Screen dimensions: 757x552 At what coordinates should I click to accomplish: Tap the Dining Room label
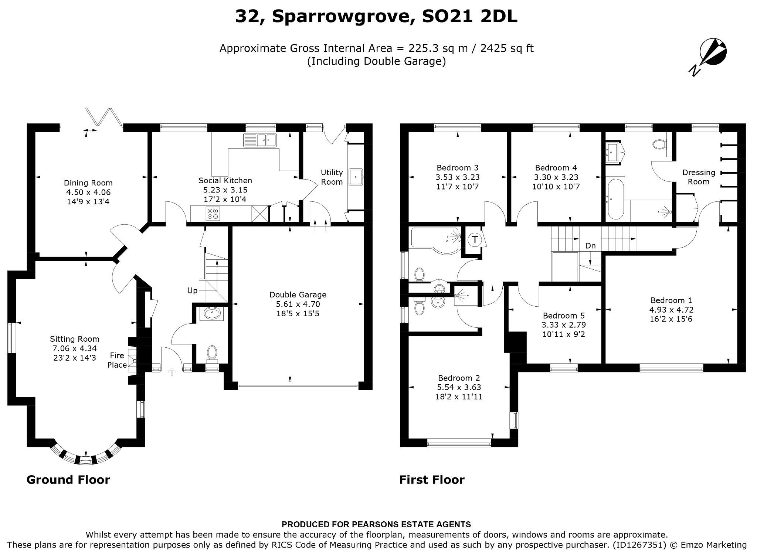88,183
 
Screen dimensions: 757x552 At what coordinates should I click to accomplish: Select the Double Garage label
298,295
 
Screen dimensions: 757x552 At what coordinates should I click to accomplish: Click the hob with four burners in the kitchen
213,213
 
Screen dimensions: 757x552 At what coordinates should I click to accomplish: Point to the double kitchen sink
260,140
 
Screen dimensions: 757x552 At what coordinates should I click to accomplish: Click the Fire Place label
118,360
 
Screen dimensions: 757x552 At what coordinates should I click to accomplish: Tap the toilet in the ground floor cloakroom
212,353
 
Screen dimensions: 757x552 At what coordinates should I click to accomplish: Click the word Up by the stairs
192,291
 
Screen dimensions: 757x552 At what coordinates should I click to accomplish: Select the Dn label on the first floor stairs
590,246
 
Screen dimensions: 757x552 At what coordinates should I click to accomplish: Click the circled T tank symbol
475,240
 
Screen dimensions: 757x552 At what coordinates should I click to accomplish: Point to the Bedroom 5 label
564,316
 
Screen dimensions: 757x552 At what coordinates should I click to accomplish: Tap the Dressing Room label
699,177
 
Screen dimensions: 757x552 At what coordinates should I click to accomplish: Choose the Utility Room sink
356,177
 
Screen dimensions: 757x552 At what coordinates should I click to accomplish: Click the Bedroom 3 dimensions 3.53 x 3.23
458,177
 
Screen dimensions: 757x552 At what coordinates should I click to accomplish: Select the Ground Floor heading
68,480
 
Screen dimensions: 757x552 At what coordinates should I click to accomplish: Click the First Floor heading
432,480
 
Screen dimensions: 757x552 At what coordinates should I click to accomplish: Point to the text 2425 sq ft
507,48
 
